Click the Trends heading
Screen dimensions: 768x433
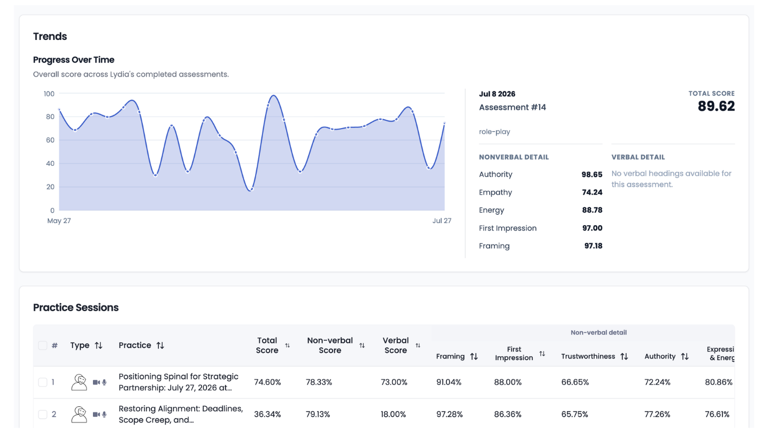coord(50,36)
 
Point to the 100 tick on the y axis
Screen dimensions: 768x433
coord(49,93)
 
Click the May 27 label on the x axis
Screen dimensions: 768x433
coord(59,220)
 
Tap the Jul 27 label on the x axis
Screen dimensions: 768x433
coord(441,220)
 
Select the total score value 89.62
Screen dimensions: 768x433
coord(716,106)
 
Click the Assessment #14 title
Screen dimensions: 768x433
coord(512,107)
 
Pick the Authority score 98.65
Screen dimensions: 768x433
coord(592,174)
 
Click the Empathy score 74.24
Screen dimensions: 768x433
coord(592,192)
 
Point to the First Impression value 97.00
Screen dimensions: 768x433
coord(592,228)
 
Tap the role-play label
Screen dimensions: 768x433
coord(495,132)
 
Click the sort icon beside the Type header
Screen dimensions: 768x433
coord(98,345)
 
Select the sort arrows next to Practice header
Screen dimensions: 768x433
coord(160,345)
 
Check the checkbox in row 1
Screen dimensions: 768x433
coord(43,382)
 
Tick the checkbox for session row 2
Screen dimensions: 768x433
coord(43,415)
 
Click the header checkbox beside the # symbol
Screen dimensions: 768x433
coord(43,345)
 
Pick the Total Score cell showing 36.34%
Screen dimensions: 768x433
coord(267,415)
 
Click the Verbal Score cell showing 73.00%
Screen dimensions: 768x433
coord(394,382)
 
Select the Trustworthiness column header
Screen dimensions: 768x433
coord(588,356)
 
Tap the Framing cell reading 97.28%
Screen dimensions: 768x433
coord(449,415)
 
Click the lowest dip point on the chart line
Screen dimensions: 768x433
coord(251,189)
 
